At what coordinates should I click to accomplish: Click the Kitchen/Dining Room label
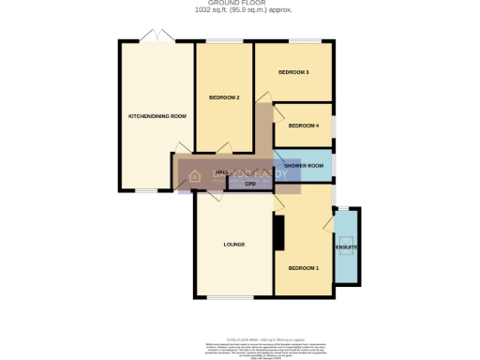pyautogui.click(x=157, y=116)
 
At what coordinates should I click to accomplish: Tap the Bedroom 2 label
pyautogui.click(x=224, y=97)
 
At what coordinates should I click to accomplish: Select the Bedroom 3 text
pyautogui.click(x=294, y=72)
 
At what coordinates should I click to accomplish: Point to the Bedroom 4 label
pyautogui.click(x=303, y=126)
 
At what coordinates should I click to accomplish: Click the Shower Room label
pyautogui.click(x=304, y=166)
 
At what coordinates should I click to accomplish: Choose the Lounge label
pyautogui.click(x=233, y=245)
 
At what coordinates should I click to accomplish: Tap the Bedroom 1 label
pyautogui.click(x=303, y=268)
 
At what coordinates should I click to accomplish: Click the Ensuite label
pyautogui.click(x=347, y=247)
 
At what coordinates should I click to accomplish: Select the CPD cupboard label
pyautogui.click(x=250, y=184)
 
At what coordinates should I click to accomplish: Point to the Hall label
pyautogui.click(x=222, y=173)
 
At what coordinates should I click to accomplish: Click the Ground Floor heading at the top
pyautogui.click(x=239, y=4)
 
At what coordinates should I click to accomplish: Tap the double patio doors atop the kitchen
pyautogui.click(x=157, y=37)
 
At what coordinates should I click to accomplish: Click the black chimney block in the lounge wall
pyautogui.click(x=278, y=232)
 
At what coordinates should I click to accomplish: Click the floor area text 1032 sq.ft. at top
pyautogui.click(x=239, y=10)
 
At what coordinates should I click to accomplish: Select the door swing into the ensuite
pyautogui.click(x=328, y=222)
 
